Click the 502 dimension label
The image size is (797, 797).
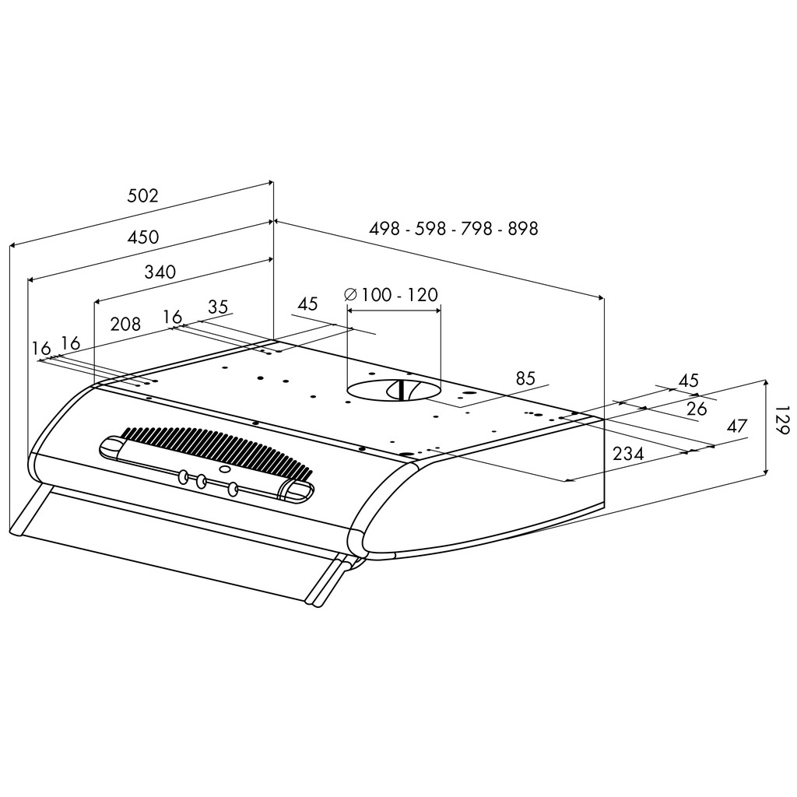pyautogui.click(x=142, y=196)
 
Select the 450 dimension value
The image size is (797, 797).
pyautogui.click(x=142, y=237)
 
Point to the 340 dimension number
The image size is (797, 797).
pyautogui.click(x=160, y=272)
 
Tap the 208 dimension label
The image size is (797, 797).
pyautogui.click(x=125, y=325)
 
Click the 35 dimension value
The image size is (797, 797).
pyautogui.click(x=218, y=307)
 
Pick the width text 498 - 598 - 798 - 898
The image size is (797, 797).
pyautogui.click(x=454, y=229)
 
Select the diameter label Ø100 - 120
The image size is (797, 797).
pyautogui.click(x=391, y=295)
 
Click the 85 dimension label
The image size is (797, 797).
pyautogui.click(x=525, y=378)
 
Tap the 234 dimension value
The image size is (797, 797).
pyautogui.click(x=628, y=454)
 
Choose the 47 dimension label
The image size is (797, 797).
pyautogui.click(x=736, y=426)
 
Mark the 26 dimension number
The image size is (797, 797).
pyautogui.click(x=697, y=408)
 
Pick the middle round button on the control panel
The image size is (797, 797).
pyautogui.click(x=201, y=482)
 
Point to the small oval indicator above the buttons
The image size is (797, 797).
pyautogui.click(x=225, y=469)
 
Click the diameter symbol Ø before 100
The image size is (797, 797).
pyautogui.click(x=350, y=295)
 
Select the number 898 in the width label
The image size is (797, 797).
pyautogui.click(x=522, y=229)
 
